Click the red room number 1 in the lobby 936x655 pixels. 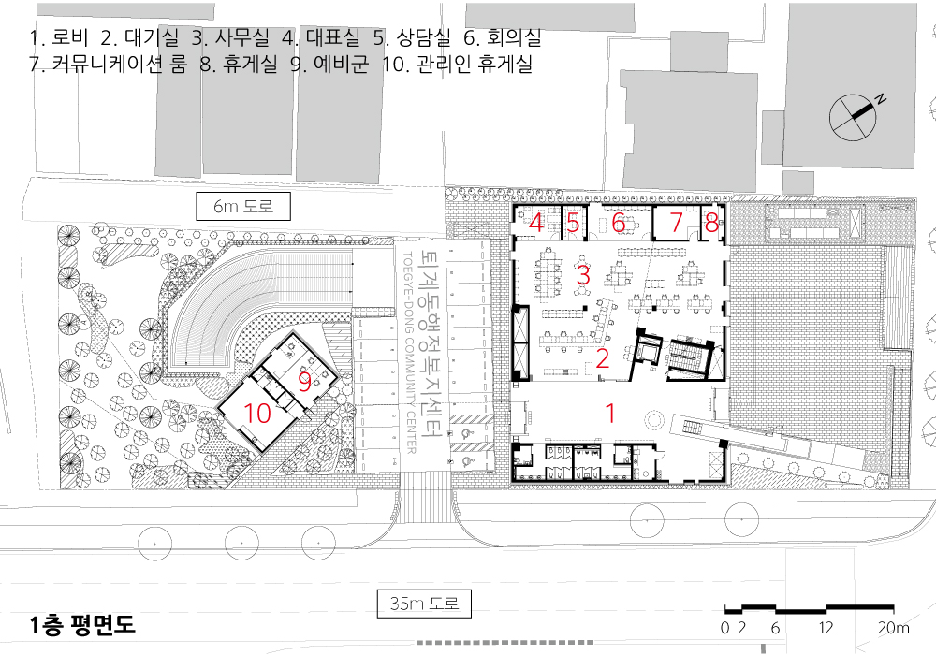pos(610,413)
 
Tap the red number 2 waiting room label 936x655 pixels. pos(602,358)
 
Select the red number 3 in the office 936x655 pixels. pos(583,275)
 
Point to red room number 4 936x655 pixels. pos(536,223)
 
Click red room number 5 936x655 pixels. pos(573,223)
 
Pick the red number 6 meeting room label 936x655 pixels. pos(619,223)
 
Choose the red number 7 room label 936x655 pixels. pos(676,223)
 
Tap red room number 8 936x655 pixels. pos(711,223)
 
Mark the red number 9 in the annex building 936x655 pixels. pos(304,383)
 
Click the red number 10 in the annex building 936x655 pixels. pos(257,413)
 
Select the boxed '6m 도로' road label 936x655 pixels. pos(243,206)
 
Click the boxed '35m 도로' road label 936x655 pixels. pos(424,604)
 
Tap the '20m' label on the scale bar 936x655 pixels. pos(893,628)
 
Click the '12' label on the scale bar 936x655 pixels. pos(826,628)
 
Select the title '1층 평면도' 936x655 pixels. pos(82,624)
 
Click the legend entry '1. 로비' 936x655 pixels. pos(59,37)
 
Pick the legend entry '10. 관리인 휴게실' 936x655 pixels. pos(458,63)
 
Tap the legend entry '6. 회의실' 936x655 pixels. pos(503,37)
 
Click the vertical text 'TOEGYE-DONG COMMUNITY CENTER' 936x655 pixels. pos(410,353)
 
